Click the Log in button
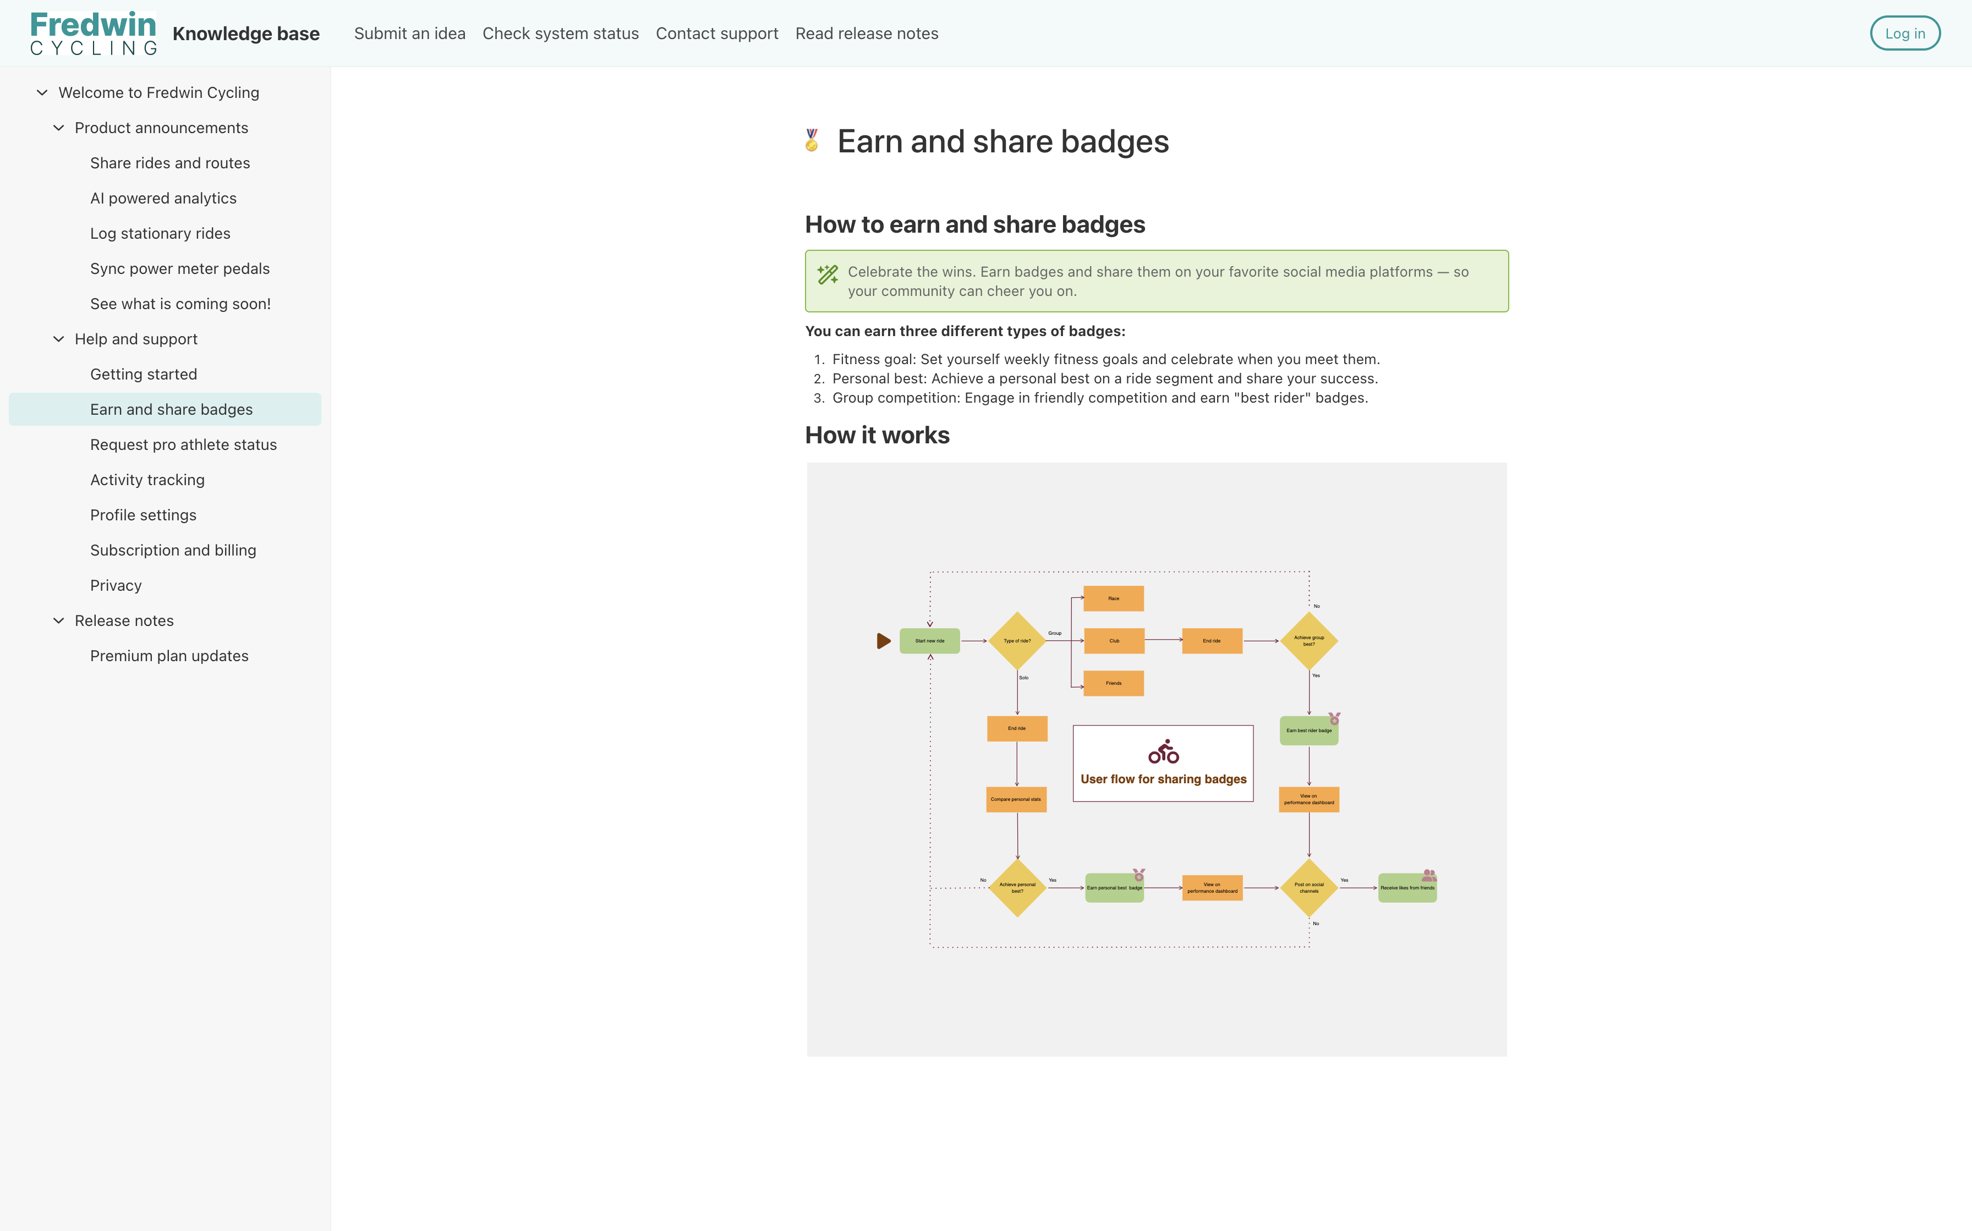[1904, 34]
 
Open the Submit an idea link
[409, 34]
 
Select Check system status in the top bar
[560, 34]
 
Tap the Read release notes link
[866, 34]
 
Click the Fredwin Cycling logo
[93, 34]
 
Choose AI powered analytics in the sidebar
[163, 198]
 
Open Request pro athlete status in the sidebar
[183, 444]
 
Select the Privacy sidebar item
[116, 585]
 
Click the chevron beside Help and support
[59, 339]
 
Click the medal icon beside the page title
[812, 141]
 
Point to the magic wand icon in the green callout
[827, 274]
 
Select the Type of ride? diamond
[1017, 641]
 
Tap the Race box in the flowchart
[1113, 598]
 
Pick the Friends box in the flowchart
[1113, 683]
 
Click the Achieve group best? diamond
[1308, 641]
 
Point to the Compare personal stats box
[1016, 800]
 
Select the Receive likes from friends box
[1407, 887]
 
